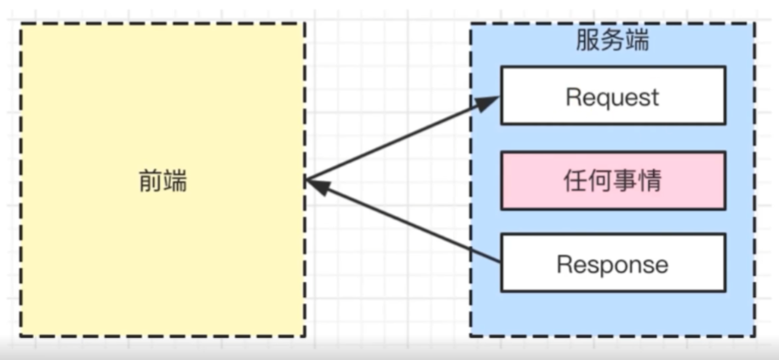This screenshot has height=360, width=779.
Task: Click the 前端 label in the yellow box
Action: (163, 180)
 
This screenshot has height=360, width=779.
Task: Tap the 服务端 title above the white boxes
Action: (612, 40)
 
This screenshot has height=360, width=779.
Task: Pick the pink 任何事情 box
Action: (612, 180)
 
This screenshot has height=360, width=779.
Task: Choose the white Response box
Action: (612, 264)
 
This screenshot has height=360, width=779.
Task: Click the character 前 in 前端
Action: (150, 180)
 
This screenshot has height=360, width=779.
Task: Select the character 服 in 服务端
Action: (587, 40)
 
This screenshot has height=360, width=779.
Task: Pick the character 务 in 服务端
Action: (612, 40)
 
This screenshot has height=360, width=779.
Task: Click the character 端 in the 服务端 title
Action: (637, 40)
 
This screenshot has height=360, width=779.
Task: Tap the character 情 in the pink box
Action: (650, 180)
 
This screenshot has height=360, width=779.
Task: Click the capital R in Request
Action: (572, 96)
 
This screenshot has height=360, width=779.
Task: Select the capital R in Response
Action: (563, 265)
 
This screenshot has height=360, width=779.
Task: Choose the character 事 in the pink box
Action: (625, 180)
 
